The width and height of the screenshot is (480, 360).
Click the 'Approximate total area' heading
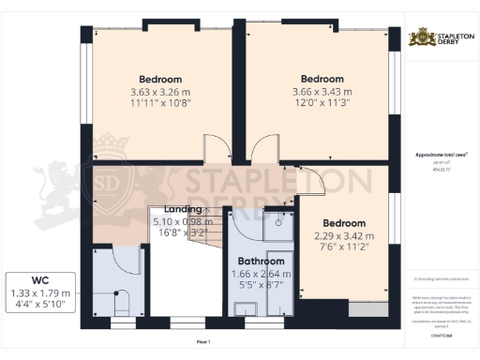(441, 155)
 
